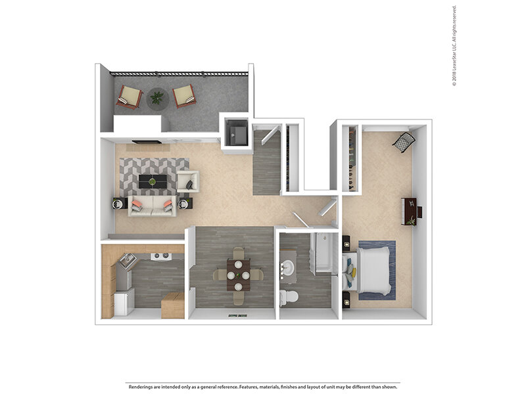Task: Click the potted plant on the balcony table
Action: point(157,98)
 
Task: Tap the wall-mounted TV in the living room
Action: point(146,141)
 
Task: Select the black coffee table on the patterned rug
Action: point(153,181)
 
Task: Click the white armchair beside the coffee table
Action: point(187,181)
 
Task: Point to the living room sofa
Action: point(151,205)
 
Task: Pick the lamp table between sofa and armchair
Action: point(185,203)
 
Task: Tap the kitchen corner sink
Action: point(126,261)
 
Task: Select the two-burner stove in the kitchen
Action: point(160,256)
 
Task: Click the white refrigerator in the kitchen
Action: point(123,301)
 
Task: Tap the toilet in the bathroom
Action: point(288,297)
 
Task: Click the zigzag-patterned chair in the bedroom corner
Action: point(404,142)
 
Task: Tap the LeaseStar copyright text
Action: point(454,46)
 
